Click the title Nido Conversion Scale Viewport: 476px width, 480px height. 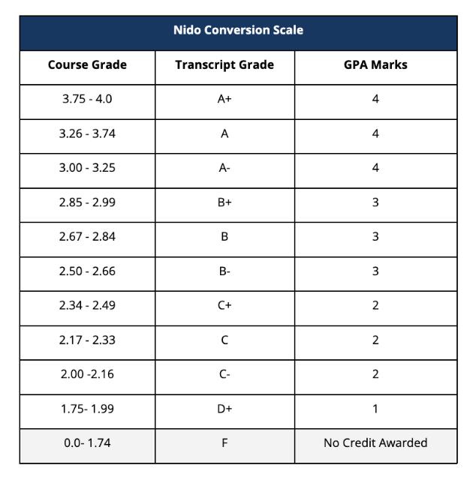pyautogui.click(x=238, y=31)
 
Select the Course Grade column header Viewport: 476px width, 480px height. pyautogui.click(x=87, y=64)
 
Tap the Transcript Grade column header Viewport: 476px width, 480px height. pyautogui.click(x=224, y=64)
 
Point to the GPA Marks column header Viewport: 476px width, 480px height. pyautogui.click(x=375, y=64)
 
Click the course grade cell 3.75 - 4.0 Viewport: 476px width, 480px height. pyautogui.click(x=87, y=99)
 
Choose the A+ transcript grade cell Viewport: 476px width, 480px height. pyautogui.click(x=224, y=99)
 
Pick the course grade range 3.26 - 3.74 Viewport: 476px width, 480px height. pyautogui.click(x=87, y=133)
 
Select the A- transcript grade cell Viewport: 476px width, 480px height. pyautogui.click(x=224, y=168)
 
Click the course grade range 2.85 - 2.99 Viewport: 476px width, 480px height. pyautogui.click(x=87, y=202)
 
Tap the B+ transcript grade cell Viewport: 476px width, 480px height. pyautogui.click(x=224, y=202)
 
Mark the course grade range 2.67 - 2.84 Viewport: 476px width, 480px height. pyautogui.click(x=87, y=237)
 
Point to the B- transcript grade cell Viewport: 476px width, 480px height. pyautogui.click(x=224, y=271)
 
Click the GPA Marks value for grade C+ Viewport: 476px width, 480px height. pyautogui.click(x=375, y=305)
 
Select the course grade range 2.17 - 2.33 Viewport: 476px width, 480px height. pyautogui.click(x=87, y=340)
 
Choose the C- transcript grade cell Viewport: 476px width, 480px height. pyautogui.click(x=224, y=374)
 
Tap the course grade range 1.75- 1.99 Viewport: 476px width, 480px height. pyautogui.click(x=87, y=409)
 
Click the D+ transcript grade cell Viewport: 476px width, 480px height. pyautogui.click(x=224, y=409)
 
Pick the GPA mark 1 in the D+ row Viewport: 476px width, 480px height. pyautogui.click(x=375, y=409)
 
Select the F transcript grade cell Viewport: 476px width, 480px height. pyautogui.click(x=224, y=442)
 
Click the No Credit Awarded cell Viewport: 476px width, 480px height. pyautogui.click(x=375, y=442)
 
